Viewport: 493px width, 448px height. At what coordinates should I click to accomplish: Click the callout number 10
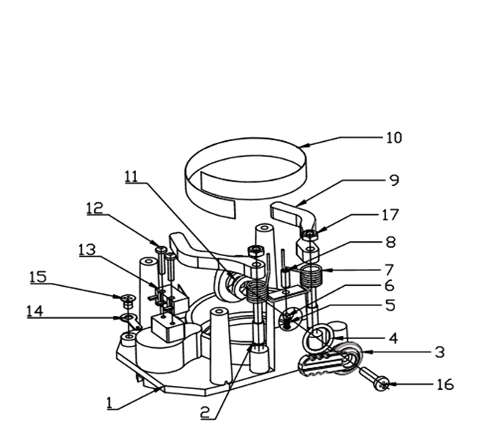pyautogui.click(x=393, y=138)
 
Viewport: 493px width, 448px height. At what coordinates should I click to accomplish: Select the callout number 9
pyautogui.click(x=394, y=181)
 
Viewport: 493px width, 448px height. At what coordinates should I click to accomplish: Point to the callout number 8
pyautogui.click(x=390, y=243)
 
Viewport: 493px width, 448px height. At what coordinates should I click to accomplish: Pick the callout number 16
pyautogui.click(x=445, y=386)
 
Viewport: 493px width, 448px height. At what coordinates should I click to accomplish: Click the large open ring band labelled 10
pyautogui.click(x=246, y=167)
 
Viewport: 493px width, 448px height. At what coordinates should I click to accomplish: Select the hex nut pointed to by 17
pyautogui.click(x=308, y=236)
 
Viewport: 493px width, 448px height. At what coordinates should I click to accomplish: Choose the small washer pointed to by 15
pyautogui.click(x=128, y=300)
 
